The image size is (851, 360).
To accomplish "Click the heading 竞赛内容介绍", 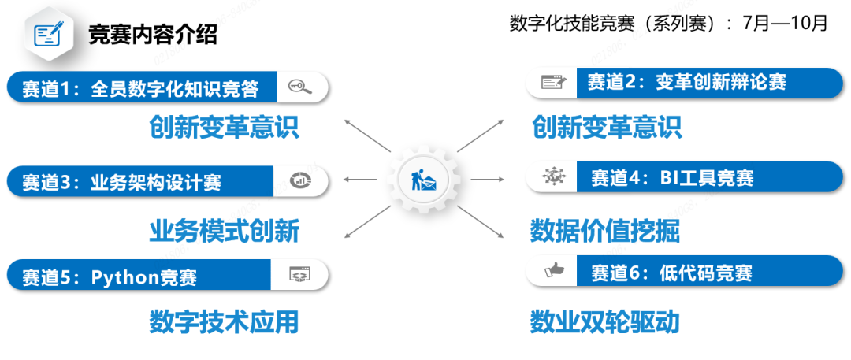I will click(x=153, y=35).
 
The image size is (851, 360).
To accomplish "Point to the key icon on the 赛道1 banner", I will click(x=300, y=88).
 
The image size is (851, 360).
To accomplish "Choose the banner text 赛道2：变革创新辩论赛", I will click(x=686, y=81).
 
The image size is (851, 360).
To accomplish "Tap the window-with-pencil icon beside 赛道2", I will click(x=554, y=82).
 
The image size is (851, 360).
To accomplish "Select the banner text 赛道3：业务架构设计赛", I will click(x=122, y=183).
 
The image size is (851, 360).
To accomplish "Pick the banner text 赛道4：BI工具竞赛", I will click(x=672, y=178).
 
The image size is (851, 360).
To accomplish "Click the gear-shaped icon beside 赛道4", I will click(x=554, y=177).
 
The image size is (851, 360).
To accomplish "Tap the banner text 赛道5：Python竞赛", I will click(x=110, y=277).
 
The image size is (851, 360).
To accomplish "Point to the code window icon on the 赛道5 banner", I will click(x=299, y=275).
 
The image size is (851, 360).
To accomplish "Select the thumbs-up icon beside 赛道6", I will click(x=554, y=272).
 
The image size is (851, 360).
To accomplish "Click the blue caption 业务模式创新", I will click(x=225, y=231).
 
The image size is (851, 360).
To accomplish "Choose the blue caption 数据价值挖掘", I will click(x=604, y=231).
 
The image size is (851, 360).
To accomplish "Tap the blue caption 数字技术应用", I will click(x=225, y=321).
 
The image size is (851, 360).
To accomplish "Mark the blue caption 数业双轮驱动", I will click(x=604, y=321).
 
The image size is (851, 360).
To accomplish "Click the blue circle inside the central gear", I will click(x=423, y=180).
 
